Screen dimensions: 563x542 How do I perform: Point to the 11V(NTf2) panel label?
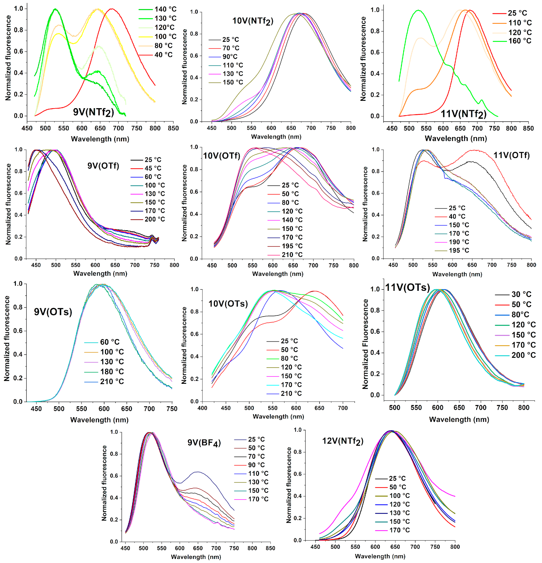463,114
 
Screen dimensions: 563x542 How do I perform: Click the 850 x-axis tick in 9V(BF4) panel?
270,548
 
